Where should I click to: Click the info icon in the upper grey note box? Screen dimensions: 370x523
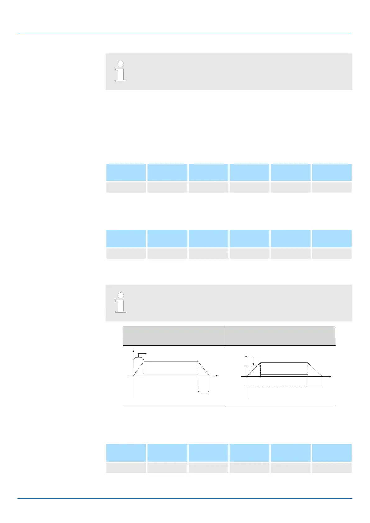[x=121, y=71]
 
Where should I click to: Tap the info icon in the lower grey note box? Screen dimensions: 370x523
[x=121, y=302]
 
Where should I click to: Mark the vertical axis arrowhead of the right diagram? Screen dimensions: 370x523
[x=246, y=355]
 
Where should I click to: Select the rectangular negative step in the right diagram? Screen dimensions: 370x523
[x=315, y=382]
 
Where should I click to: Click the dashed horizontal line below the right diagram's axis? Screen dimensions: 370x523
[x=276, y=387]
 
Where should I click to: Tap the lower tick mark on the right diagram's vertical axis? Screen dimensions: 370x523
[x=245, y=387]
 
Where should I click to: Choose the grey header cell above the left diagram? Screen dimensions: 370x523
[x=174, y=336]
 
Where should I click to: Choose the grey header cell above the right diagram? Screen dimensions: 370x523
[x=281, y=336]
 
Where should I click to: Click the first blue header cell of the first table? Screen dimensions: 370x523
[x=126, y=172]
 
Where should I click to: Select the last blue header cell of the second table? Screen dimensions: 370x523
[x=331, y=238]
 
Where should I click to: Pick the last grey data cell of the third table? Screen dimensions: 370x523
[x=331, y=468]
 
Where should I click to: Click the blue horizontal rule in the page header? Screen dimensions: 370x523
[x=185, y=34]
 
